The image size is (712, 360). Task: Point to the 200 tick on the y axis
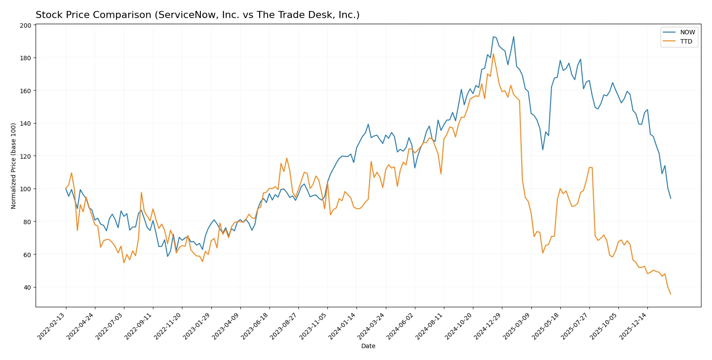click(x=25, y=25)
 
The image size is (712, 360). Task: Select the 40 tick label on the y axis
click(x=27, y=287)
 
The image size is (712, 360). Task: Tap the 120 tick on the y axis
click(x=25, y=156)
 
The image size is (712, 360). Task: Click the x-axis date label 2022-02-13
click(x=52, y=326)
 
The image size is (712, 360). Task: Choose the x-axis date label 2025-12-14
click(x=633, y=326)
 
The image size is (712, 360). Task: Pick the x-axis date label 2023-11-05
click(x=313, y=326)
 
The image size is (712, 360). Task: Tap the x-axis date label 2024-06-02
click(x=401, y=326)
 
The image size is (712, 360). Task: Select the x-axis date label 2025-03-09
click(x=517, y=326)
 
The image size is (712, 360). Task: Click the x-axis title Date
click(x=368, y=346)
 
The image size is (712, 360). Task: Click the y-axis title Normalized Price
click(x=13, y=166)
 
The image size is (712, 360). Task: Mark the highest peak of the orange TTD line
click(x=493, y=54)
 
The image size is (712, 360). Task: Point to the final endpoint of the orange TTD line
click(x=671, y=294)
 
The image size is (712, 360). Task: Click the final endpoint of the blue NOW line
click(x=671, y=198)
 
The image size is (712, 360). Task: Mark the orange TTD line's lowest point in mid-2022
click(x=124, y=263)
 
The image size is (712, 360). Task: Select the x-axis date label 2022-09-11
click(x=139, y=326)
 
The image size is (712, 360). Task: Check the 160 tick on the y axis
click(x=25, y=91)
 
